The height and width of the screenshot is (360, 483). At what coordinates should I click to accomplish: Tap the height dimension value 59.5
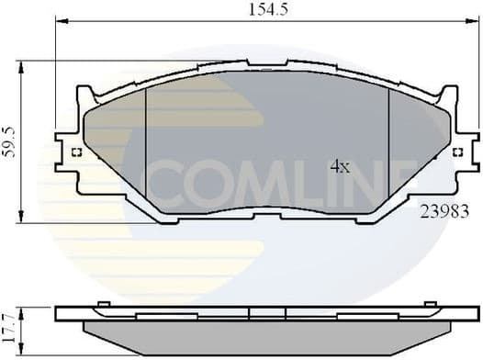(10, 140)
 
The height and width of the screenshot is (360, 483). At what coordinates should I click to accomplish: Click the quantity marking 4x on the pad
(340, 166)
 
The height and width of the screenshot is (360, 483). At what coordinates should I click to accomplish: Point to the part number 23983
(444, 210)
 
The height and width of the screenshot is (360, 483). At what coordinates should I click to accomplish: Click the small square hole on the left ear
(76, 152)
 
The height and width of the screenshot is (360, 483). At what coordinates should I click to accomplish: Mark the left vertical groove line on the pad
(147, 147)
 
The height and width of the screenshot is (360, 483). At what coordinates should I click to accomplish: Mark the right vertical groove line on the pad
(389, 147)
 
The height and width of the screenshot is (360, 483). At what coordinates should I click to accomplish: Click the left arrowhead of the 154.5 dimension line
(59, 20)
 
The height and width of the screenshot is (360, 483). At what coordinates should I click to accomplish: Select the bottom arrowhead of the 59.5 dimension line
(23, 218)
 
